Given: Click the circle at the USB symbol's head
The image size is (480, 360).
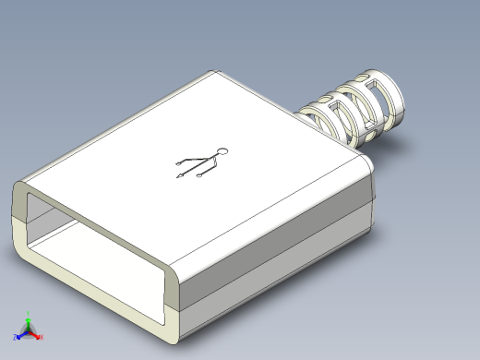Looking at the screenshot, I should (x=221, y=150).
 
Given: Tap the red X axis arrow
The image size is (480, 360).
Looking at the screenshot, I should (x=37, y=335).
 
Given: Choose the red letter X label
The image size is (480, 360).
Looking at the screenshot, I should (x=42, y=338).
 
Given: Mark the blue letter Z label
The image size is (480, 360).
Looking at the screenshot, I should (x=15, y=338).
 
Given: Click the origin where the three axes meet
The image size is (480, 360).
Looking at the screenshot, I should (x=29, y=331).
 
